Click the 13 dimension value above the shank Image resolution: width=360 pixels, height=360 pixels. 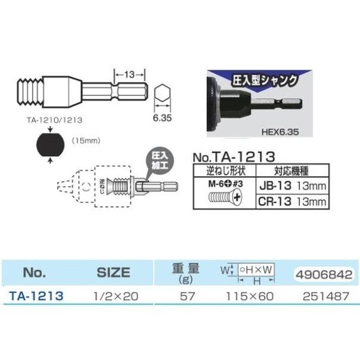pyautogui.click(x=129, y=75)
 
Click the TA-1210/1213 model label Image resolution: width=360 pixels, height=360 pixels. pyautogui.click(x=52, y=119)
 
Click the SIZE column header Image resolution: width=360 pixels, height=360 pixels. pyautogui.click(x=113, y=272)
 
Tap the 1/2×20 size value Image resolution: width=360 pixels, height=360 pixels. pyautogui.click(x=113, y=295)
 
